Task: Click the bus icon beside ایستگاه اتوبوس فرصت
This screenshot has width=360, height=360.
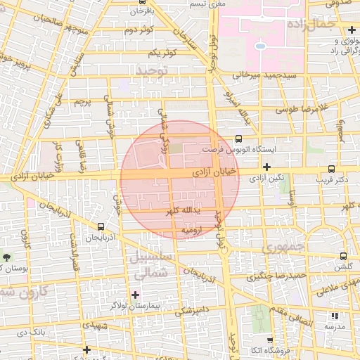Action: [238, 139]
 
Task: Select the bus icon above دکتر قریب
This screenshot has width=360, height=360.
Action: [331, 169]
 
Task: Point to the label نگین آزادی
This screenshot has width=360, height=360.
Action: [270, 179]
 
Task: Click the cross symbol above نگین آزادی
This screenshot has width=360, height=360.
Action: [266, 167]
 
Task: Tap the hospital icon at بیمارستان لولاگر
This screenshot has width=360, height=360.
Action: [135, 294]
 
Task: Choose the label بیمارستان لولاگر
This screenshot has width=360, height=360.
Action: [134, 306]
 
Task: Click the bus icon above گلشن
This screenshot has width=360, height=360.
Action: [343, 257]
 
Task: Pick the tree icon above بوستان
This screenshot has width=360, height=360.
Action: [7, 257]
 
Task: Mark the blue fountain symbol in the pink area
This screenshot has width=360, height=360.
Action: [260, 46]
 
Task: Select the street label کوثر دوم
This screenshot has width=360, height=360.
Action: [138, 30]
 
